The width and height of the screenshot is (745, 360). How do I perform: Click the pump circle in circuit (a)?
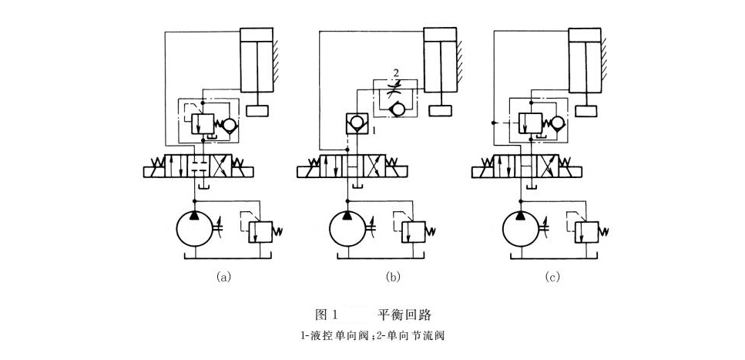[196, 229]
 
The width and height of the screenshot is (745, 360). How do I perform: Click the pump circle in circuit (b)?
[351, 229]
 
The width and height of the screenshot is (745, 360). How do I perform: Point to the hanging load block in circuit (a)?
[257, 111]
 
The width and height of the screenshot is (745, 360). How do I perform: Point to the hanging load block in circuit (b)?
[441, 110]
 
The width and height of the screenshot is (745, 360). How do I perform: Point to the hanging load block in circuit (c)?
[586, 111]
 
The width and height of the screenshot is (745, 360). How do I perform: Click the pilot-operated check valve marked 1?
[356, 123]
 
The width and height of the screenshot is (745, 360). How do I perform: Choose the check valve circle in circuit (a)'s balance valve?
[229, 123]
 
